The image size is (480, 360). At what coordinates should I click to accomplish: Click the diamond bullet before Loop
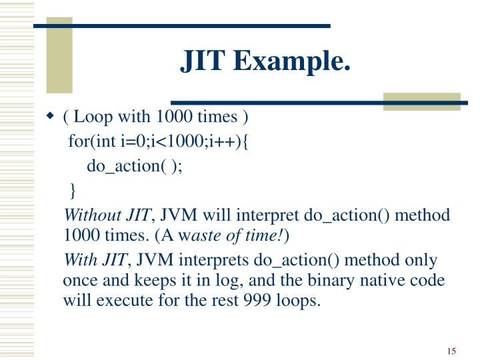(50, 117)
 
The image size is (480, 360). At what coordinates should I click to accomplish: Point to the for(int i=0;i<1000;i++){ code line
(157, 142)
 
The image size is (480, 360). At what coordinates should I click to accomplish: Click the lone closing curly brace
(73, 191)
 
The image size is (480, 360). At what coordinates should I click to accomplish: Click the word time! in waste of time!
(268, 235)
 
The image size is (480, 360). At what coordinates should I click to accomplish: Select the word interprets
(220, 259)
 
